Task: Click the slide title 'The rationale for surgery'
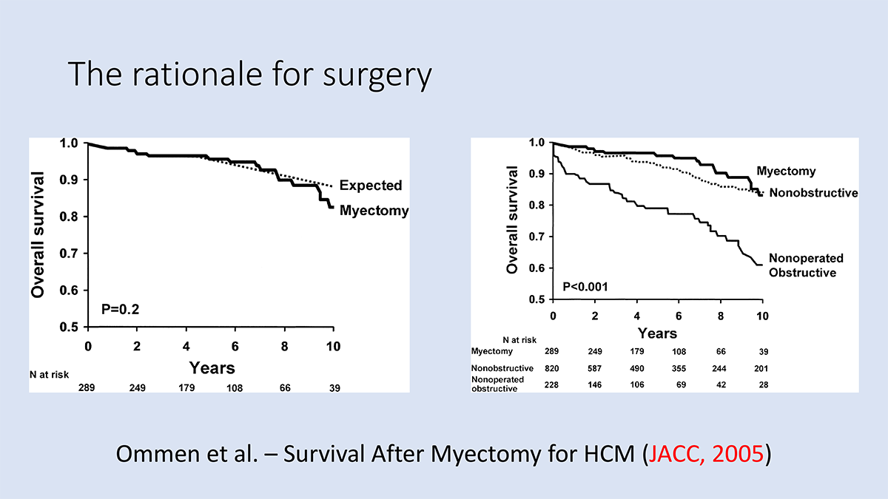pyautogui.click(x=249, y=75)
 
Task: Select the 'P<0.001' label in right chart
pyautogui.click(x=585, y=285)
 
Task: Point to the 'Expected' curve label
pyautogui.click(x=371, y=186)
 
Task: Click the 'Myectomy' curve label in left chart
pyautogui.click(x=374, y=211)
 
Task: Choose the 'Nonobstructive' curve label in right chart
pyautogui.click(x=813, y=193)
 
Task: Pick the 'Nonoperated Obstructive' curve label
pyautogui.click(x=806, y=265)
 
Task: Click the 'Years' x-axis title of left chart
pyautogui.click(x=212, y=367)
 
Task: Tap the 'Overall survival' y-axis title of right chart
pyautogui.click(x=512, y=220)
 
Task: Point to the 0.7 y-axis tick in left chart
pyautogui.click(x=72, y=254)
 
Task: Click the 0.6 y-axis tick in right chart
pyautogui.click(x=537, y=268)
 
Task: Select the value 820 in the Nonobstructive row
pyautogui.click(x=553, y=368)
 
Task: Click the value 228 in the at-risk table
pyautogui.click(x=553, y=384)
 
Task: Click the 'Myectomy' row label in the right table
pyautogui.click(x=493, y=352)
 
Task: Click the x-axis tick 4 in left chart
pyautogui.click(x=185, y=345)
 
